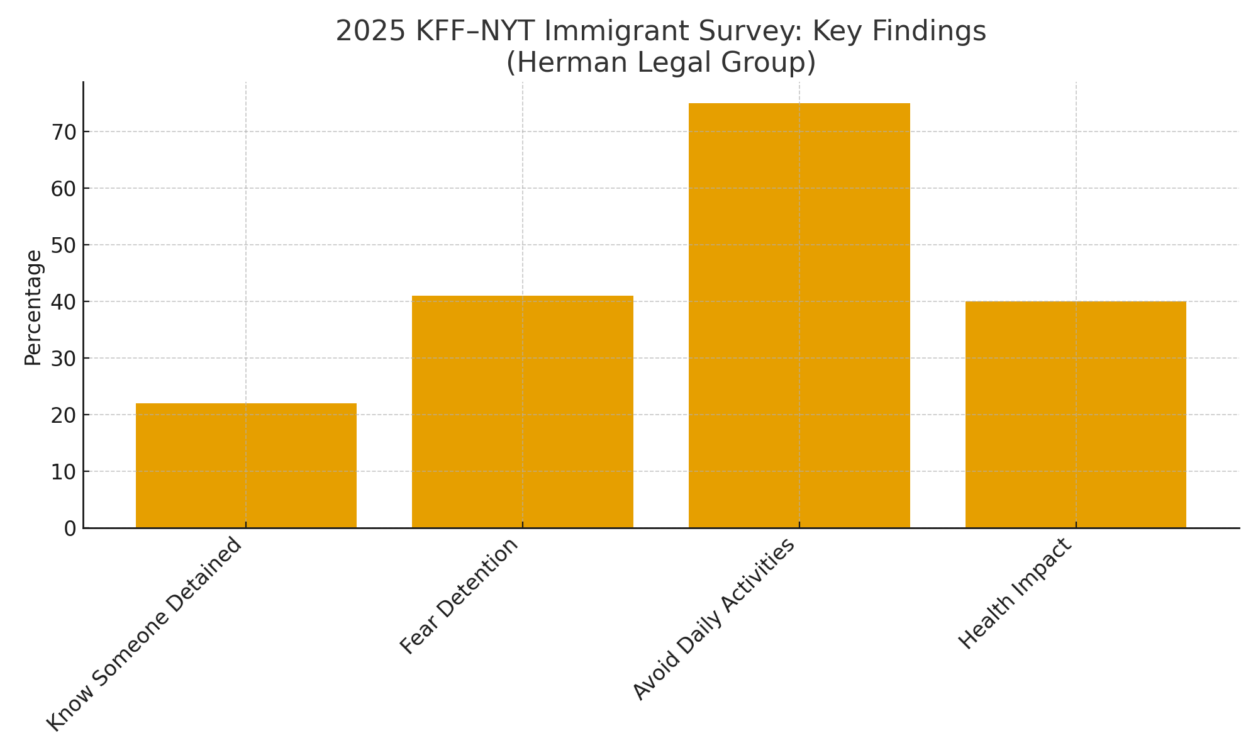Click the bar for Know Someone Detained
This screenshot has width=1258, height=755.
(246, 466)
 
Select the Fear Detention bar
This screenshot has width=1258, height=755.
(522, 412)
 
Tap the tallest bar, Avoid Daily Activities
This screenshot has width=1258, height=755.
(799, 315)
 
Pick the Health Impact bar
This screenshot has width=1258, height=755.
(1076, 415)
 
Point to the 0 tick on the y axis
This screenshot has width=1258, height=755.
(69, 528)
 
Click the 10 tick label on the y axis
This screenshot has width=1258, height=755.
(63, 472)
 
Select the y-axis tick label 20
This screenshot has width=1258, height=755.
(63, 415)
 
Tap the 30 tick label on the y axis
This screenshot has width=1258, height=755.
(63, 359)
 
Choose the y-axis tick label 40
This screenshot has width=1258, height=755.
(63, 302)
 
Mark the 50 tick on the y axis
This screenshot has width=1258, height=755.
(63, 245)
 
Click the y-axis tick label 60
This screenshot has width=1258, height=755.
(63, 189)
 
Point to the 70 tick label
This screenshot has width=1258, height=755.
(63, 132)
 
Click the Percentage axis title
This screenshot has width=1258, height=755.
(33, 308)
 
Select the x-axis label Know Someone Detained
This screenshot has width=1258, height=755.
(145, 634)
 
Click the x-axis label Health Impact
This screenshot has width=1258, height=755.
(1015, 594)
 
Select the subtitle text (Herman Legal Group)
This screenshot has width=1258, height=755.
(660, 63)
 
